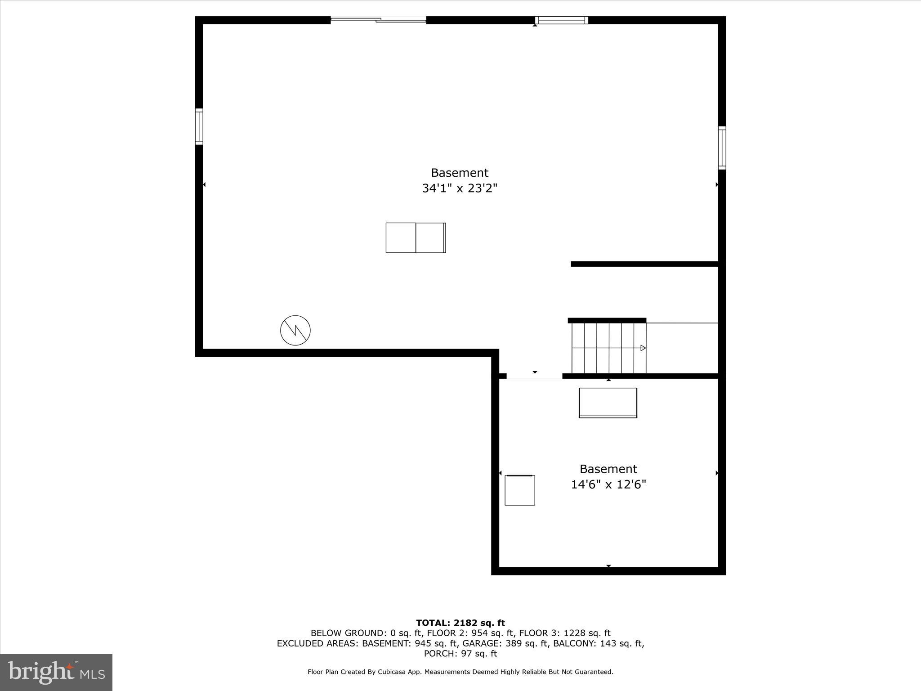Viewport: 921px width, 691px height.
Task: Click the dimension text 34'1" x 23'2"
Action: pos(460,188)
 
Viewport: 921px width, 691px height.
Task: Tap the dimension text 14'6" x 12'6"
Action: pos(608,485)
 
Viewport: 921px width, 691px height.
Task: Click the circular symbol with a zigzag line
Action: pos(295,331)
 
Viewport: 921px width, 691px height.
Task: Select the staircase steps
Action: pos(608,348)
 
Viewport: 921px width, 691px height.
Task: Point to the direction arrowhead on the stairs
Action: pos(643,348)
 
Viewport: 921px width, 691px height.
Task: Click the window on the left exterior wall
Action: pos(199,126)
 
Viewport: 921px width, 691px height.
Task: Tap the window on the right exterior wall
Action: pos(722,148)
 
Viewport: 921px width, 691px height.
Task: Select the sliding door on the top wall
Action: pos(378,19)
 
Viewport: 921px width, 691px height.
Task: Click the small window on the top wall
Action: pos(561,20)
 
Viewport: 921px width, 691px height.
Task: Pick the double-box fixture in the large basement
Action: pos(416,238)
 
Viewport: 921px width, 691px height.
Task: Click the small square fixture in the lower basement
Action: pos(519,490)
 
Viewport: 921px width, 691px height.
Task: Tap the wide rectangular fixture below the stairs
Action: pos(608,403)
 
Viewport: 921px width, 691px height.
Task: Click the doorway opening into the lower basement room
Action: pos(534,377)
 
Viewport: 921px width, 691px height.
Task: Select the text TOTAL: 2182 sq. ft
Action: pos(460,623)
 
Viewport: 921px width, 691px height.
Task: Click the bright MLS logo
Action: pos(56,673)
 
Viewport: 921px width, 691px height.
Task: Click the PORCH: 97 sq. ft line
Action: pos(460,654)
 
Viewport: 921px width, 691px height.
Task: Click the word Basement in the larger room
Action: pos(460,173)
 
